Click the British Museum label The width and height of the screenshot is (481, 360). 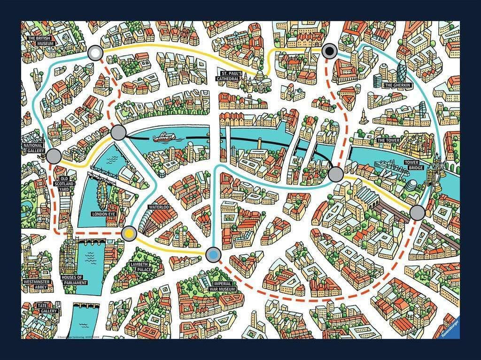[x=41, y=41]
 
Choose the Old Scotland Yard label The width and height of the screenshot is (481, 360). [x=64, y=183]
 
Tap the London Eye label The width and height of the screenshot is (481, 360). [x=104, y=214]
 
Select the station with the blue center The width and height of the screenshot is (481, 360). [x=214, y=254]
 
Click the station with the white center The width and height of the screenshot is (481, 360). [x=96, y=53]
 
